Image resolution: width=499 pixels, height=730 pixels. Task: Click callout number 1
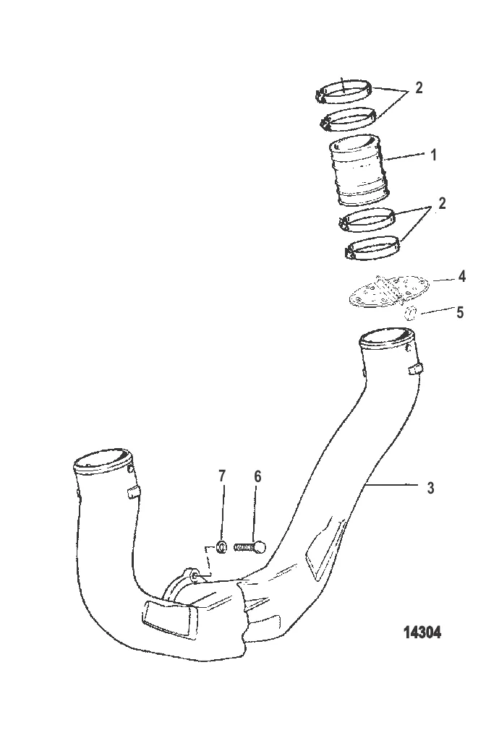click(x=433, y=155)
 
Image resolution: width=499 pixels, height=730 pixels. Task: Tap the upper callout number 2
click(x=419, y=87)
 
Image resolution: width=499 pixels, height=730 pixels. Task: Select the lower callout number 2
click(x=442, y=203)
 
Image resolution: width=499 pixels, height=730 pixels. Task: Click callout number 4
click(x=461, y=277)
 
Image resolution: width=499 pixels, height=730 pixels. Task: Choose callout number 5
click(x=460, y=312)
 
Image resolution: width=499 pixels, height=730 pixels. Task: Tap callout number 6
click(x=257, y=476)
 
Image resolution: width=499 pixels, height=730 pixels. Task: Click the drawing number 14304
click(x=422, y=632)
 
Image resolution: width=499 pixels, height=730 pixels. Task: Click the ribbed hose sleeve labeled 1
click(x=359, y=171)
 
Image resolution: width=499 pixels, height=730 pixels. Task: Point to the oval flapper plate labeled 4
click(x=388, y=291)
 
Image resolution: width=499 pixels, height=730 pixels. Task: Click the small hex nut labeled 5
click(x=409, y=314)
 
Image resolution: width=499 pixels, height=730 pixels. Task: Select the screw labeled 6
click(x=249, y=546)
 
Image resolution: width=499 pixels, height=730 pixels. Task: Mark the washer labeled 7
click(x=222, y=546)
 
